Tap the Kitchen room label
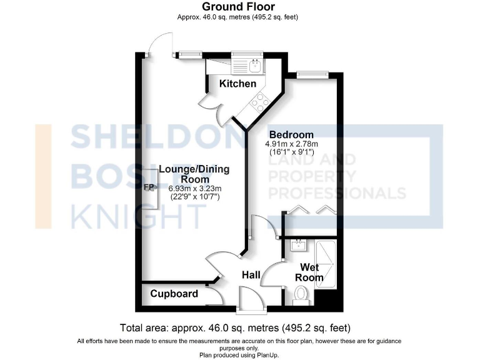click(237, 84)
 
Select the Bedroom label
click(291, 135)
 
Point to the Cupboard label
click(174, 294)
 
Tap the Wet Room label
click(309, 273)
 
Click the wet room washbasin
click(299, 246)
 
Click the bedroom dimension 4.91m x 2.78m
click(292, 144)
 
